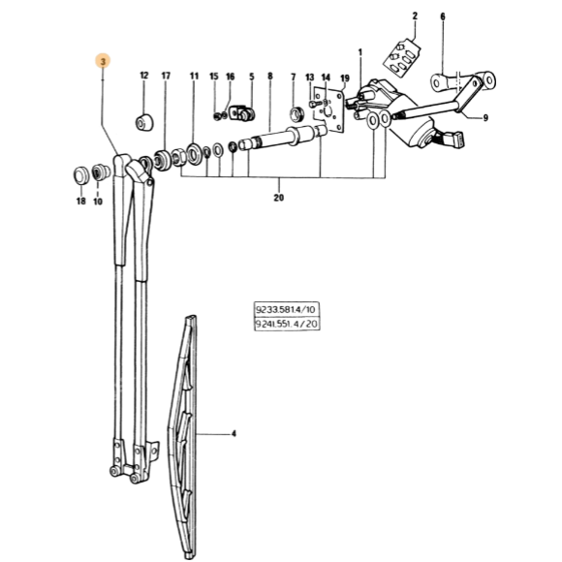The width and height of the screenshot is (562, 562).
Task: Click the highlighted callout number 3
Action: (x=103, y=61)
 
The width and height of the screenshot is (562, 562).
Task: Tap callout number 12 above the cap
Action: (x=143, y=76)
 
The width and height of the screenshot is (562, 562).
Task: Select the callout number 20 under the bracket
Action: (x=278, y=198)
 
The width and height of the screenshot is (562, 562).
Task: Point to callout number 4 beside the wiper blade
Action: (x=234, y=434)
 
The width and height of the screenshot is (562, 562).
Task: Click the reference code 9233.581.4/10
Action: (x=286, y=309)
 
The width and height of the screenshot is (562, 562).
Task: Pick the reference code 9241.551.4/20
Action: (x=286, y=324)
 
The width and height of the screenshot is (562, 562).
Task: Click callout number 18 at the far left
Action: (x=81, y=202)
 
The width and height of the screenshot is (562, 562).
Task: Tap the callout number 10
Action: (x=98, y=202)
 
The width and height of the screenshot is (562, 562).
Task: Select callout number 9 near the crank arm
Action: (x=485, y=118)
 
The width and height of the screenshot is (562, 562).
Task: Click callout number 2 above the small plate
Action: (x=415, y=16)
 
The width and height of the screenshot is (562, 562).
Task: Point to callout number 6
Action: (x=443, y=16)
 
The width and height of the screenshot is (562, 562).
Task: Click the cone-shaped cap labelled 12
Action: (x=144, y=123)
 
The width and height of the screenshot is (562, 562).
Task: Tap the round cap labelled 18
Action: (x=80, y=175)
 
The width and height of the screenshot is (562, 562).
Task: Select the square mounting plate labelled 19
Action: (x=329, y=109)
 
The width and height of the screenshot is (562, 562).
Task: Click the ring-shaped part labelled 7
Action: (x=297, y=114)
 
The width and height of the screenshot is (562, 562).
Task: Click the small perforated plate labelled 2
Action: (x=402, y=56)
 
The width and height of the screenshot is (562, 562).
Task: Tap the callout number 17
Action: (x=166, y=76)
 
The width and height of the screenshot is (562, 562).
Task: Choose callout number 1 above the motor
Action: (x=360, y=52)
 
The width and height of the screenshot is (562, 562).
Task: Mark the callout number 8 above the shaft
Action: (x=270, y=76)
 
